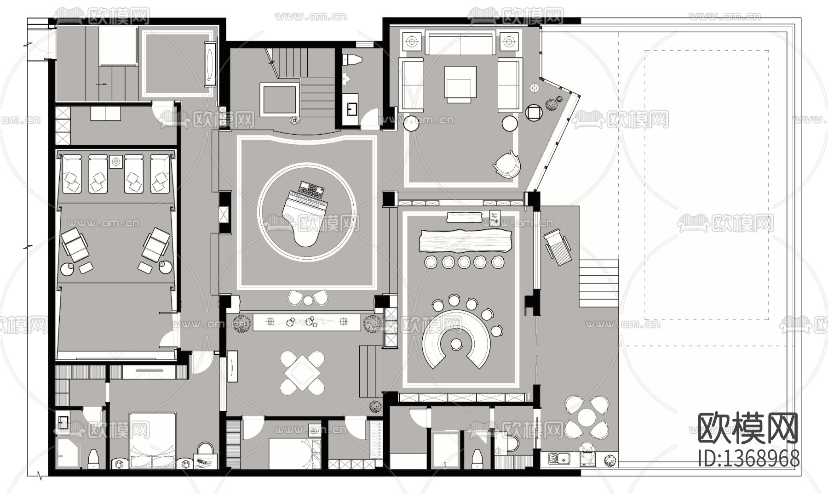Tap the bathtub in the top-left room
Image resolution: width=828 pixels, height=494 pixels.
click(211, 63)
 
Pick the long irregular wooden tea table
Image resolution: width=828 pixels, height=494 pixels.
click(464, 242)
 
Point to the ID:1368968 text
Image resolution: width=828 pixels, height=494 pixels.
click(748, 458)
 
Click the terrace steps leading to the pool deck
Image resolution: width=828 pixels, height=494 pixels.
click(598, 284)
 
